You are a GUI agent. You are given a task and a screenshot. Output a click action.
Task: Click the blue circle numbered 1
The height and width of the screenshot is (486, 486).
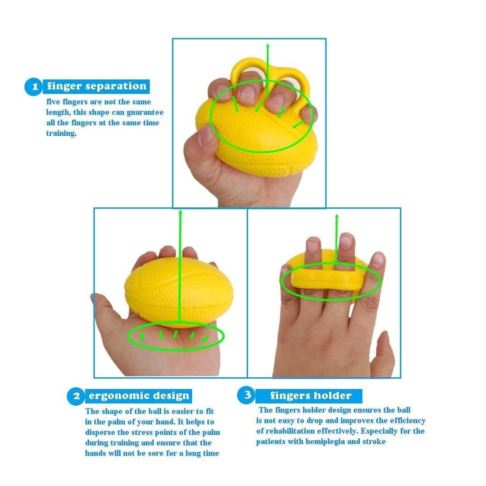[x=34, y=86]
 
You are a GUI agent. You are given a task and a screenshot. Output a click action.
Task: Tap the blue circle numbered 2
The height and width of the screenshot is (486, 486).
[x=75, y=396]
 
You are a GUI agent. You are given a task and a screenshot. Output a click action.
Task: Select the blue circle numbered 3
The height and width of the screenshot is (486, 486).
[x=246, y=394]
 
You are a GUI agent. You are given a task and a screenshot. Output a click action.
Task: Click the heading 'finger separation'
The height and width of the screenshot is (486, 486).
[x=97, y=86]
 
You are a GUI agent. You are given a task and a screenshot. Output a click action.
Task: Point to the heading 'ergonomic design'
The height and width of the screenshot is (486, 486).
[x=139, y=395]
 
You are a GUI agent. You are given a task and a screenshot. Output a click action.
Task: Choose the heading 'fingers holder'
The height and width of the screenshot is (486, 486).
[x=310, y=395]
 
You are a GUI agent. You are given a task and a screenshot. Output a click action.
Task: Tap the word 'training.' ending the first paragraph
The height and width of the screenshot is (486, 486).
[x=61, y=133]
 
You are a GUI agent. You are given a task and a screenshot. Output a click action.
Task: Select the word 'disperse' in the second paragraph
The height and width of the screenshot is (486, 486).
[x=100, y=432]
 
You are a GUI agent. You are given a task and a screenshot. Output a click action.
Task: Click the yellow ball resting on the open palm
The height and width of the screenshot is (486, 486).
[x=179, y=292]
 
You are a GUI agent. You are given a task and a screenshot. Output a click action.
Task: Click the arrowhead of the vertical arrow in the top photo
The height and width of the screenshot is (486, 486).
[x=268, y=46]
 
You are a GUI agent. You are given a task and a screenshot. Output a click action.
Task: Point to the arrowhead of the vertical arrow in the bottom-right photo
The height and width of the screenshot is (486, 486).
[x=337, y=216]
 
